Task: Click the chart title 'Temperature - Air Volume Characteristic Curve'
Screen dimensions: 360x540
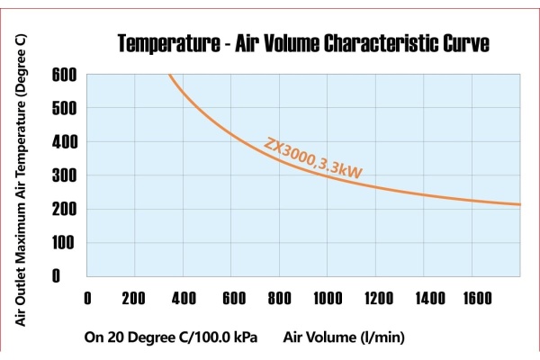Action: pyautogui.click(x=303, y=44)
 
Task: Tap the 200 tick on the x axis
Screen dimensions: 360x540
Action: pyautogui.click(x=134, y=298)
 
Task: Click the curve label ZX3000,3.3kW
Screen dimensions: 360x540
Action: pyautogui.click(x=313, y=158)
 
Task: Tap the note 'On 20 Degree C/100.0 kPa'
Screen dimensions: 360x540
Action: pyautogui.click(x=171, y=338)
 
